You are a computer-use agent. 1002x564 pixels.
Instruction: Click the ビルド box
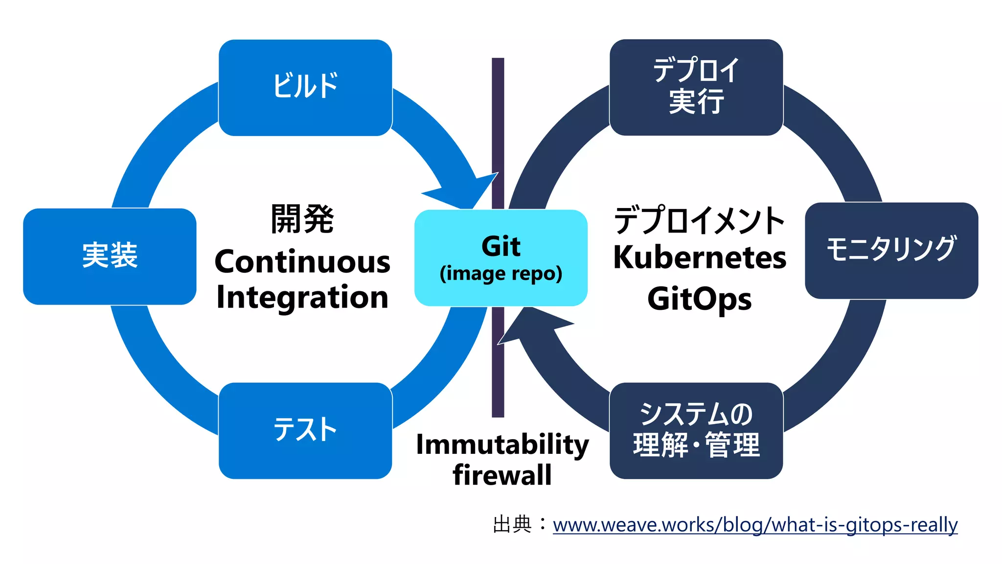coord(305,87)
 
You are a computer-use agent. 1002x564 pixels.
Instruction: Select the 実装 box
coord(110,256)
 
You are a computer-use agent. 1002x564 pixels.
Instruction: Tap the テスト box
coord(305,430)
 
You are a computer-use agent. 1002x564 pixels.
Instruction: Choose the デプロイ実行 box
coord(696,87)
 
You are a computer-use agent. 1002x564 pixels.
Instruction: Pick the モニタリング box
coord(891,250)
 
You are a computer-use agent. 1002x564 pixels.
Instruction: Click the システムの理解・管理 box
coord(696,430)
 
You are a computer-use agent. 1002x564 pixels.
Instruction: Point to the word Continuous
coord(302,262)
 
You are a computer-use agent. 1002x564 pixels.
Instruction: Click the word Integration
coord(302,297)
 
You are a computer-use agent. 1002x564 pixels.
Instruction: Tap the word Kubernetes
coord(700,258)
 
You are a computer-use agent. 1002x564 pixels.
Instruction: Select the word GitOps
coord(700,299)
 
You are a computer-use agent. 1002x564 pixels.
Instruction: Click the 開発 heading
coord(302,219)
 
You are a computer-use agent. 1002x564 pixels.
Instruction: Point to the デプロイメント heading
coord(700,220)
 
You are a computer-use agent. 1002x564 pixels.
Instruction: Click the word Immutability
coord(502,445)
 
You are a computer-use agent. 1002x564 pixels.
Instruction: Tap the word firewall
coord(502,475)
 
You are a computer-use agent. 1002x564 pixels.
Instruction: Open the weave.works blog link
coord(755,525)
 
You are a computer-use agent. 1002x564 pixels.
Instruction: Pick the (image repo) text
coord(501,274)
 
